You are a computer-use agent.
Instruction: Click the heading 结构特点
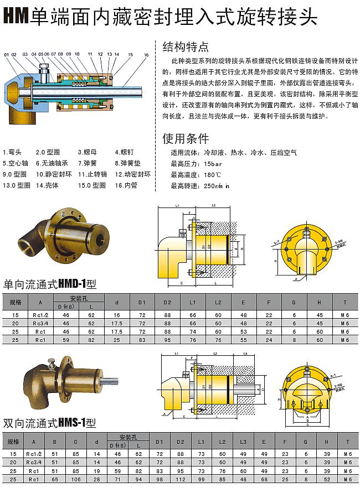(186, 46)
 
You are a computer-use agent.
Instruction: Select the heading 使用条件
(186, 138)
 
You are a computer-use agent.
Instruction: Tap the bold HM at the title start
(16, 17)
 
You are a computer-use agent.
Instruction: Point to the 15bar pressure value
(213, 164)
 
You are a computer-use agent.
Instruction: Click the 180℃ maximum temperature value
(213, 175)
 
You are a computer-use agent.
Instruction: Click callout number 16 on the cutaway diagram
(146, 55)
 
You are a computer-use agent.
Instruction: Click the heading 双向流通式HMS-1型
(50, 423)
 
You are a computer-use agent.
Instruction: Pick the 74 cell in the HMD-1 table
(193, 331)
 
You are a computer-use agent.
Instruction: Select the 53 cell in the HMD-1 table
(243, 331)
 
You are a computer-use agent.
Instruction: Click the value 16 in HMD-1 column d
(116, 315)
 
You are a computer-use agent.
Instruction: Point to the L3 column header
(243, 442)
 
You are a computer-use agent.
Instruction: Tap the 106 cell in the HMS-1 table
(75, 479)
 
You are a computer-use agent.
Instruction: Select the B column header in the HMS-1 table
(54, 442)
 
